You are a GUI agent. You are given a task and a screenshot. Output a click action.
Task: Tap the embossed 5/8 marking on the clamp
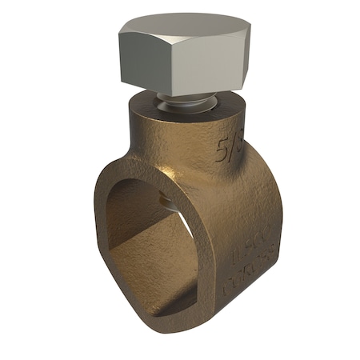click(229, 148)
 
